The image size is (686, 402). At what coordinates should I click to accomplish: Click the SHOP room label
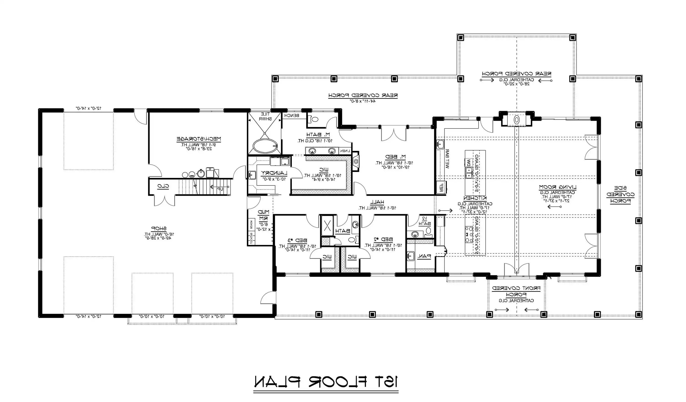[x=159, y=229]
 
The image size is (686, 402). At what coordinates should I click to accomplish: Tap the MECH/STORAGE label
[x=199, y=139]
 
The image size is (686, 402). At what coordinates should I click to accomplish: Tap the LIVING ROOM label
[x=558, y=187]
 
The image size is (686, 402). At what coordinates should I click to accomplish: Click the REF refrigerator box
[x=441, y=187]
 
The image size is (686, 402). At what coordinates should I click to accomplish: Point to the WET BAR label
[x=447, y=159]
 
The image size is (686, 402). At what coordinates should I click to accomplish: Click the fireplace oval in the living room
[x=516, y=120]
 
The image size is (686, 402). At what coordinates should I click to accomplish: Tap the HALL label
[x=377, y=202]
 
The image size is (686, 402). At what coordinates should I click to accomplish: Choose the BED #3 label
[x=297, y=240]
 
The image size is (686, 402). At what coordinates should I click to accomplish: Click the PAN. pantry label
[x=424, y=256]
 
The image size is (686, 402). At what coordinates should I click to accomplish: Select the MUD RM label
[x=263, y=215]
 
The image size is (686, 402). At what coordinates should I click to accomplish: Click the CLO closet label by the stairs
[x=163, y=186]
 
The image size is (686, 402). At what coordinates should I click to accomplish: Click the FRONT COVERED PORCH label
[x=516, y=291]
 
